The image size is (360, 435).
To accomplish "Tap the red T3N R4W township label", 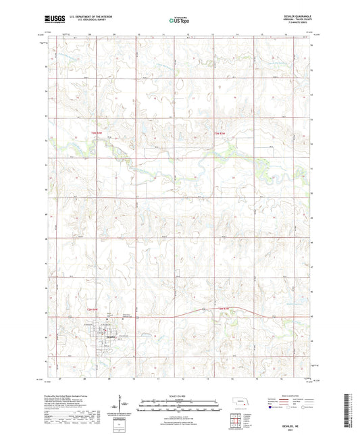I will pyautogui.click(x=96, y=133).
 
